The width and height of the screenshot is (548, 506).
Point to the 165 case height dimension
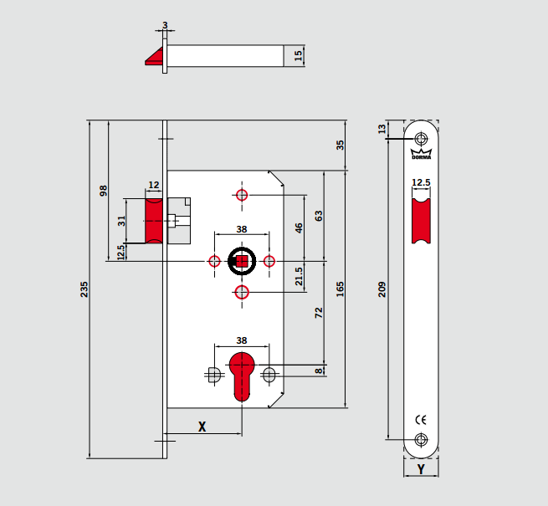point(340,290)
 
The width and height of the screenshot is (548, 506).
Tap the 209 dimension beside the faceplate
point(383,289)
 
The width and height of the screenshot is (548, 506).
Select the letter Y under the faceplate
point(421,469)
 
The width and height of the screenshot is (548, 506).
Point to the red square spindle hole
point(242,262)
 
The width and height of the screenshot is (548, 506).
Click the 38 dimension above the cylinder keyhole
point(241,340)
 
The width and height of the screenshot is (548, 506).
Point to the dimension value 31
point(121,221)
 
